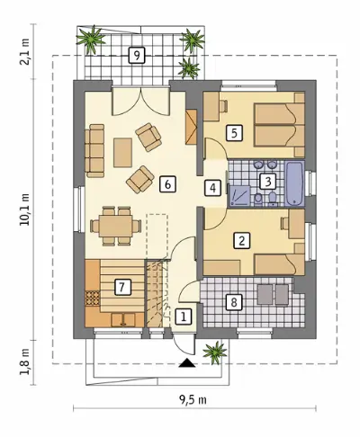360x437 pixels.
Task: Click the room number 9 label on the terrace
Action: [137, 56]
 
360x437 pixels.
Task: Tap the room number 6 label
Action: [167, 184]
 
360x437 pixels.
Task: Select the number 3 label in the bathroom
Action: [268, 181]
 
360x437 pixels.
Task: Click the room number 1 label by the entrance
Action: [184, 317]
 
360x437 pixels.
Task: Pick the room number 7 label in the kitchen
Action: [121, 288]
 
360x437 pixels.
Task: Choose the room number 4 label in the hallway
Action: [212, 188]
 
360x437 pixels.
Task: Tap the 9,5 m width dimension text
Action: [193, 399]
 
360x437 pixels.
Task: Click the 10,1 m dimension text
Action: [25, 209]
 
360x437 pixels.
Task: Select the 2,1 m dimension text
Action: [25, 51]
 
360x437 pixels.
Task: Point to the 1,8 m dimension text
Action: [25, 361]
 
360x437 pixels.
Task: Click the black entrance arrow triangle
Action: [187, 363]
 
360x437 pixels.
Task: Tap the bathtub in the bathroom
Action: [294, 184]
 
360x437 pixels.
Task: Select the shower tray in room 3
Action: [239, 196]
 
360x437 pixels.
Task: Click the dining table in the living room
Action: [116, 226]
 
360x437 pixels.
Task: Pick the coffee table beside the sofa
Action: [122, 152]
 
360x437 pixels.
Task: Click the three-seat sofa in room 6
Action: [94, 151]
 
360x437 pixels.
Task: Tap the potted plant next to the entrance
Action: [215, 352]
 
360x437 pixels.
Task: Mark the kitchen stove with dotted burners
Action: [93, 299]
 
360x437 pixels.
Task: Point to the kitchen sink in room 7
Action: [123, 319]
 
